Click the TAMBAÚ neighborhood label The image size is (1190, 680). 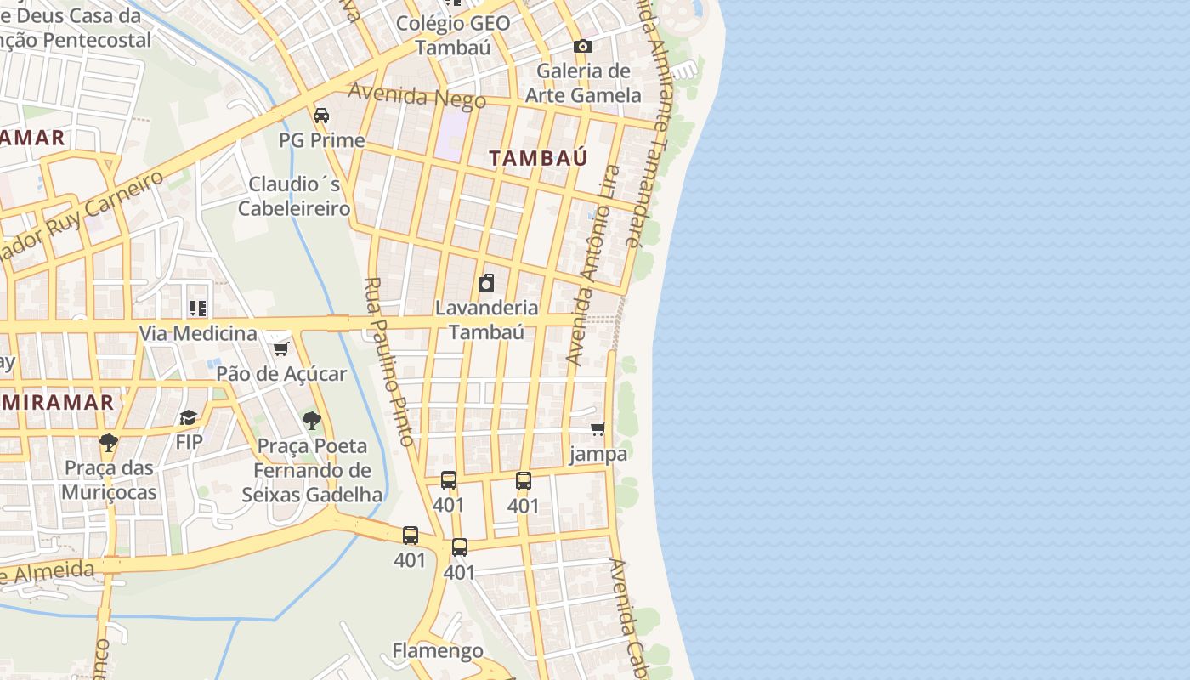pyautogui.click(x=538, y=157)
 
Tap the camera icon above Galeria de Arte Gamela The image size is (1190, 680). pyautogui.click(x=582, y=46)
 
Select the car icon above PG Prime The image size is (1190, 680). pyautogui.click(x=321, y=116)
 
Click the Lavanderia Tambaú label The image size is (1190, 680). pyautogui.click(x=486, y=319)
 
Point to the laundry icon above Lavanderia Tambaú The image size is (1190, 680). pyautogui.click(x=486, y=283)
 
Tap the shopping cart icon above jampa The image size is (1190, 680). pyautogui.click(x=598, y=429)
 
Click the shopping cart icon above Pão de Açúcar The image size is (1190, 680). pyautogui.click(x=281, y=348)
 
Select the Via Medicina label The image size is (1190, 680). pyautogui.click(x=198, y=333)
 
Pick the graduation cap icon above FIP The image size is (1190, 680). pyautogui.click(x=188, y=417)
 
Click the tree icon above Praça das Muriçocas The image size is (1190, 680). pyautogui.click(x=108, y=442)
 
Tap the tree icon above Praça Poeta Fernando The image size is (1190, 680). pyautogui.click(x=312, y=420)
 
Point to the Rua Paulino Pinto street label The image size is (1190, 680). pyautogui.click(x=388, y=361)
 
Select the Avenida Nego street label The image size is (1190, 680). pyautogui.click(x=416, y=96)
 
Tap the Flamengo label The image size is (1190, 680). pyautogui.click(x=438, y=651)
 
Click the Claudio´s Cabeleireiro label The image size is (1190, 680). pyautogui.click(x=294, y=195)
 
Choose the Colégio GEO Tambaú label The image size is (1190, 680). pyautogui.click(x=453, y=35)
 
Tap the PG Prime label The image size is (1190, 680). pyautogui.click(x=321, y=140)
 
